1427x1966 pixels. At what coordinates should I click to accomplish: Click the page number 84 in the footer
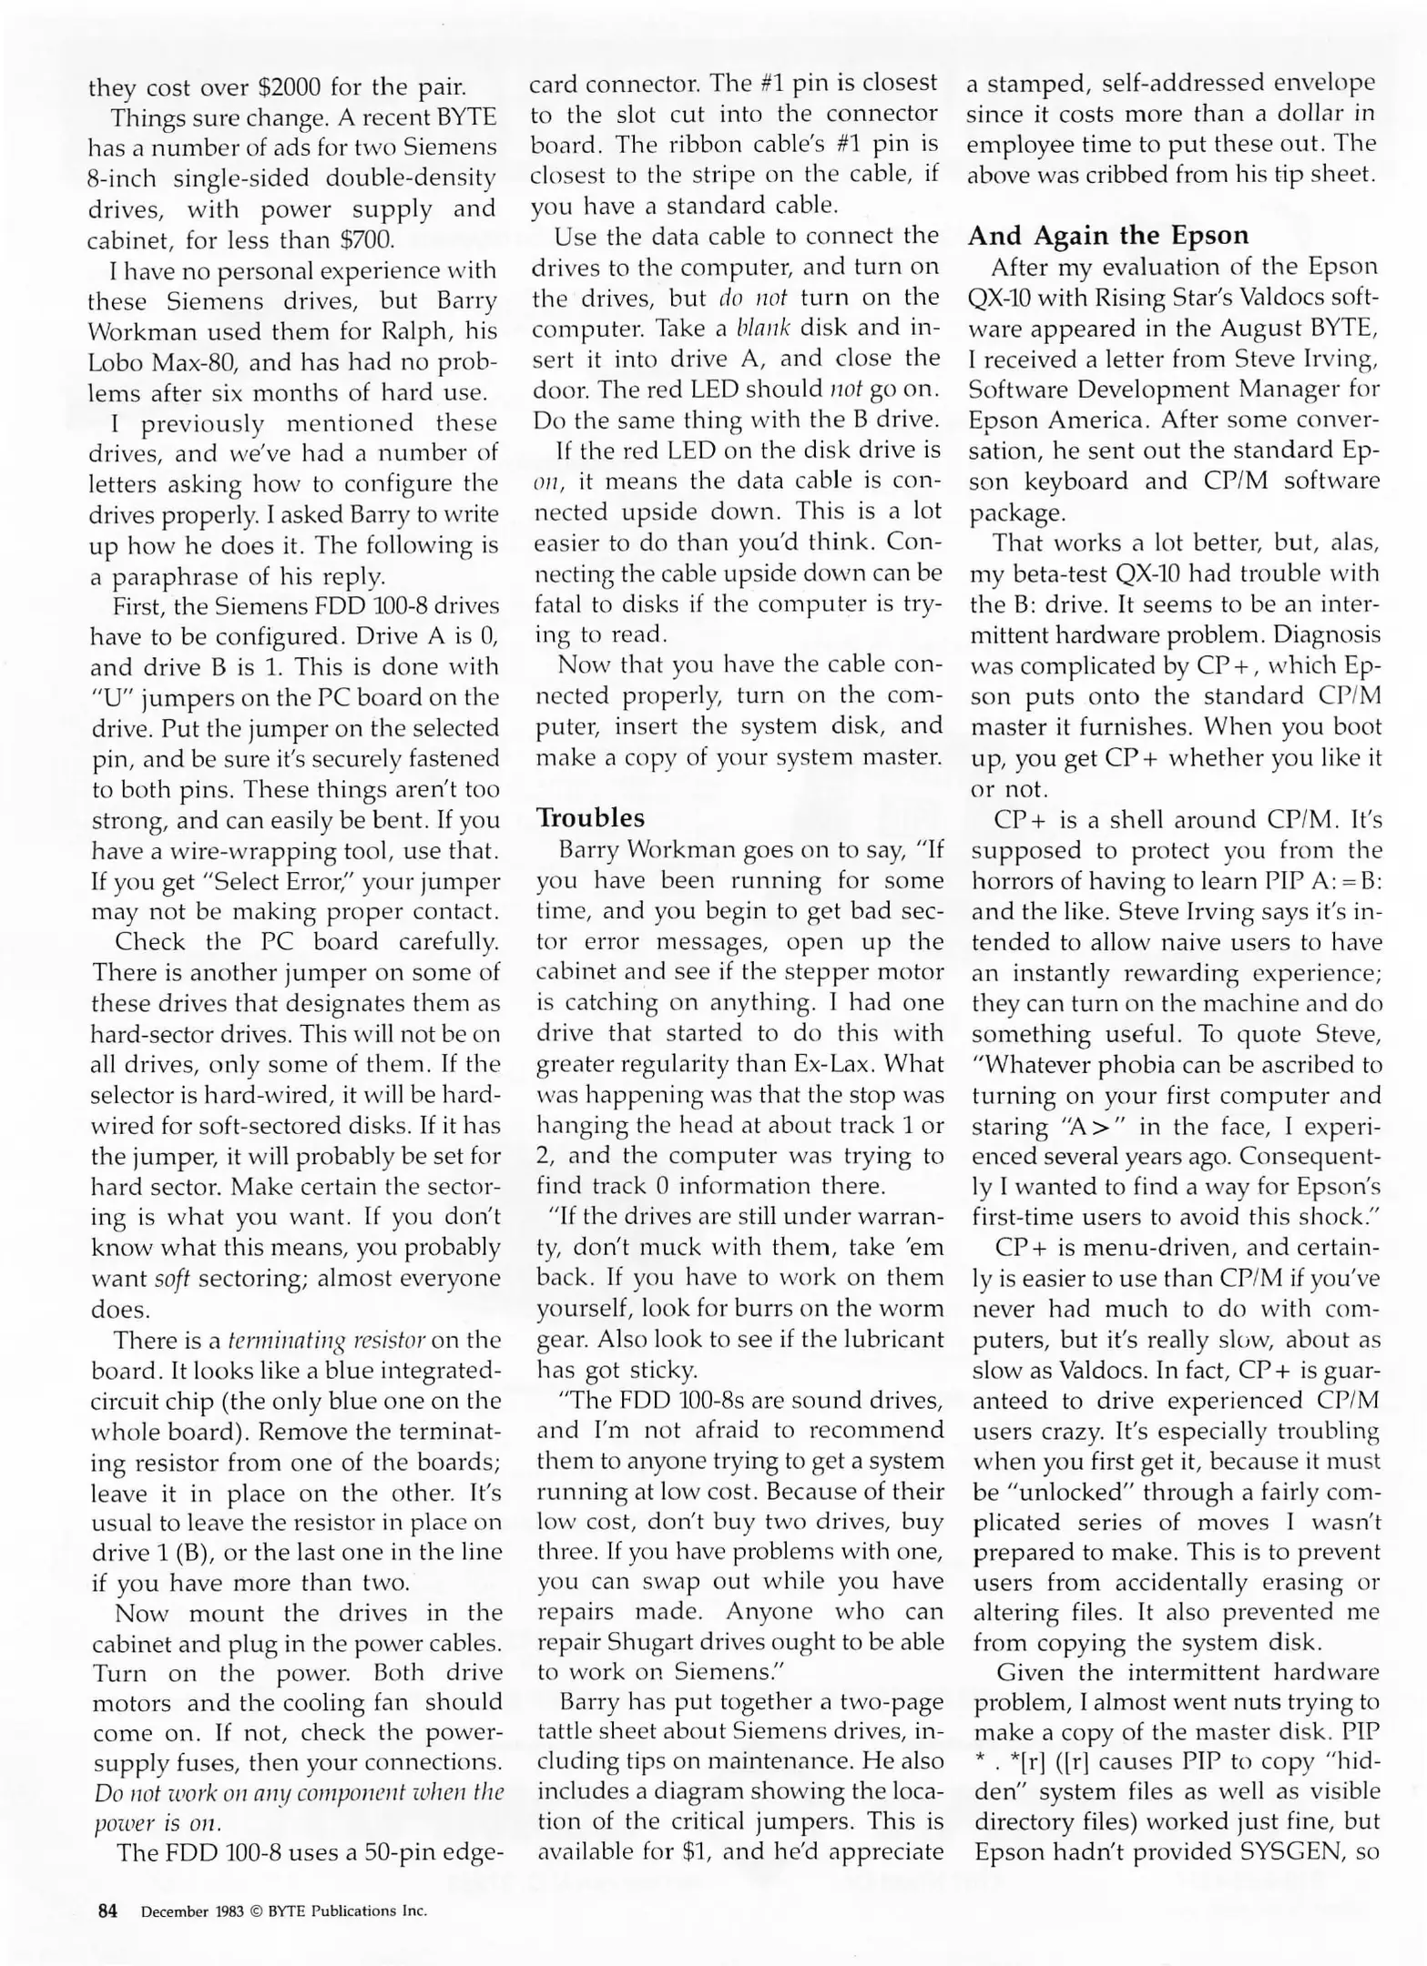107,1910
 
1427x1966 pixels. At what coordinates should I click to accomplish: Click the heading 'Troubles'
590,817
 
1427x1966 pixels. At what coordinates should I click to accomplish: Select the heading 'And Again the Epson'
1107,236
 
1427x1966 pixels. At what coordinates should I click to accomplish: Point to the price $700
366,240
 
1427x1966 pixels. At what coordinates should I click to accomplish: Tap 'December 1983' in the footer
192,1911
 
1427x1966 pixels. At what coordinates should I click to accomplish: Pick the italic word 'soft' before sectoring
171,1279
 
